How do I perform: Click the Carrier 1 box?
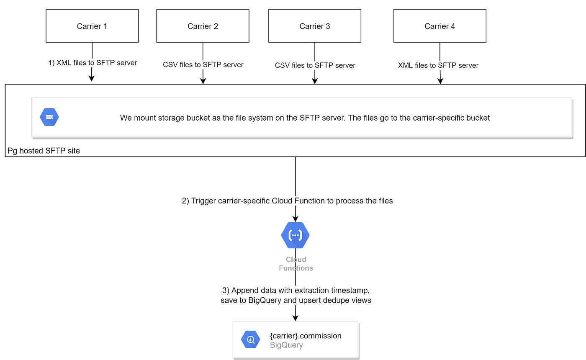click(x=92, y=26)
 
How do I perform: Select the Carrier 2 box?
click(x=203, y=26)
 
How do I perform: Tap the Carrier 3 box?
click(x=315, y=26)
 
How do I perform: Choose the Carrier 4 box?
click(x=439, y=26)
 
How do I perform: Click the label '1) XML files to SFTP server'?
click(x=92, y=63)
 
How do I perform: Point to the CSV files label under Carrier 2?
click(x=203, y=64)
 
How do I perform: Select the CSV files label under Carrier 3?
click(x=315, y=65)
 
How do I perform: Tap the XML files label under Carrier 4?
click(x=438, y=65)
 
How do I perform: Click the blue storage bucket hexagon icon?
click(x=49, y=117)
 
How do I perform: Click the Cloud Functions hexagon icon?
click(x=296, y=235)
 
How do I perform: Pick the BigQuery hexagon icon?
click(x=251, y=339)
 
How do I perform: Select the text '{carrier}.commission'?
click(x=306, y=336)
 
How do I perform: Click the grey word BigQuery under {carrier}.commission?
click(x=286, y=345)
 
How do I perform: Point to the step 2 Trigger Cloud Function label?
click(x=288, y=201)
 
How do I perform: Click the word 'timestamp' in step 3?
click(x=351, y=290)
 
